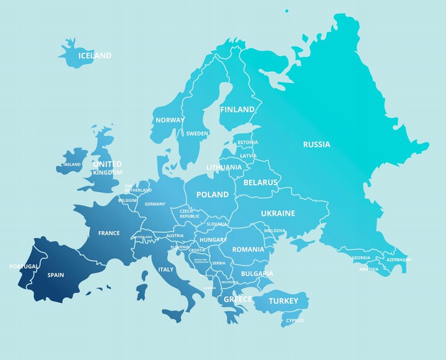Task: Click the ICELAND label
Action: click(x=94, y=56)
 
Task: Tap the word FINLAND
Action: click(x=237, y=110)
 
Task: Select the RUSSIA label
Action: click(x=317, y=144)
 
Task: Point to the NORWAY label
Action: click(x=169, y=120)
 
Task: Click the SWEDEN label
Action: click(x=197, y=133)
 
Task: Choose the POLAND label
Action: click(x=212, y=195)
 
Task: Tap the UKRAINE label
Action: click(x=278, y=213)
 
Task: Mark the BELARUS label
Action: click(x=261, y=183)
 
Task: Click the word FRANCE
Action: click(x=109, y=234)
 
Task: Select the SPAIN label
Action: click(x=56, y=274)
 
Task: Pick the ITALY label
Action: click(x=166, y=270)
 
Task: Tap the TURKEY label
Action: click(x=284, y=301)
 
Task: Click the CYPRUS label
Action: click(x=295, y=321)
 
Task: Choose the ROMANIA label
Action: click(x=248, y=249)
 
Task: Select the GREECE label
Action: click(x=238, y=299)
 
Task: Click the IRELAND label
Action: click(x=72, y=165)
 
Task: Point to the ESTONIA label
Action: click(x=248, y=143)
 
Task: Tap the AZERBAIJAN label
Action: click(x=398, y=260)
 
